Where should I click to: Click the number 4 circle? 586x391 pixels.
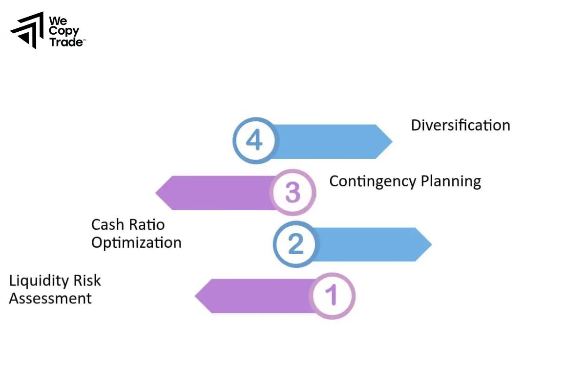[254, 141]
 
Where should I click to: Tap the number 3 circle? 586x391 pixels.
[293, 193]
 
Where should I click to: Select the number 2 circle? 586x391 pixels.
[295, 244]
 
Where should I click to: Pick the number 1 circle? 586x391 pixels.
[332, 296]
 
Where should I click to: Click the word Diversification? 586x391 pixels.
[460, 125]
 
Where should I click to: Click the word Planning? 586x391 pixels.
[451, 181]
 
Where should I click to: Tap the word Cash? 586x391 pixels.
[107, 225]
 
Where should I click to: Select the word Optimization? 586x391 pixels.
[136, 242]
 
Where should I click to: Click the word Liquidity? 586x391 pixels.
[39, 281]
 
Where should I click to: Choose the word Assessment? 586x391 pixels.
[50, 298]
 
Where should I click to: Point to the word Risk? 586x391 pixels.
[87, 281]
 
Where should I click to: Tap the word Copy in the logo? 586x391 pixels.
[64, 31]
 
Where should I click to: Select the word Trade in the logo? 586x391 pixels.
[66, 42]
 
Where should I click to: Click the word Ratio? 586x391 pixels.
[147, 225]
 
